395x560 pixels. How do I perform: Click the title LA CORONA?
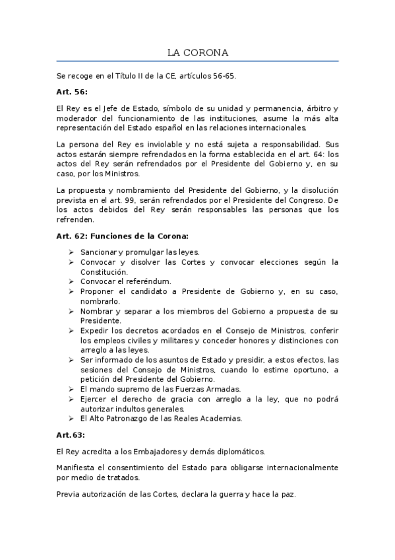[197, 52]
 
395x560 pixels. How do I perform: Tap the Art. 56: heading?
[72, 92]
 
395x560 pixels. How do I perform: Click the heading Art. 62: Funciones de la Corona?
[122, 236]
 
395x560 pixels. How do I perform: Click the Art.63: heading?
[71, 435]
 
